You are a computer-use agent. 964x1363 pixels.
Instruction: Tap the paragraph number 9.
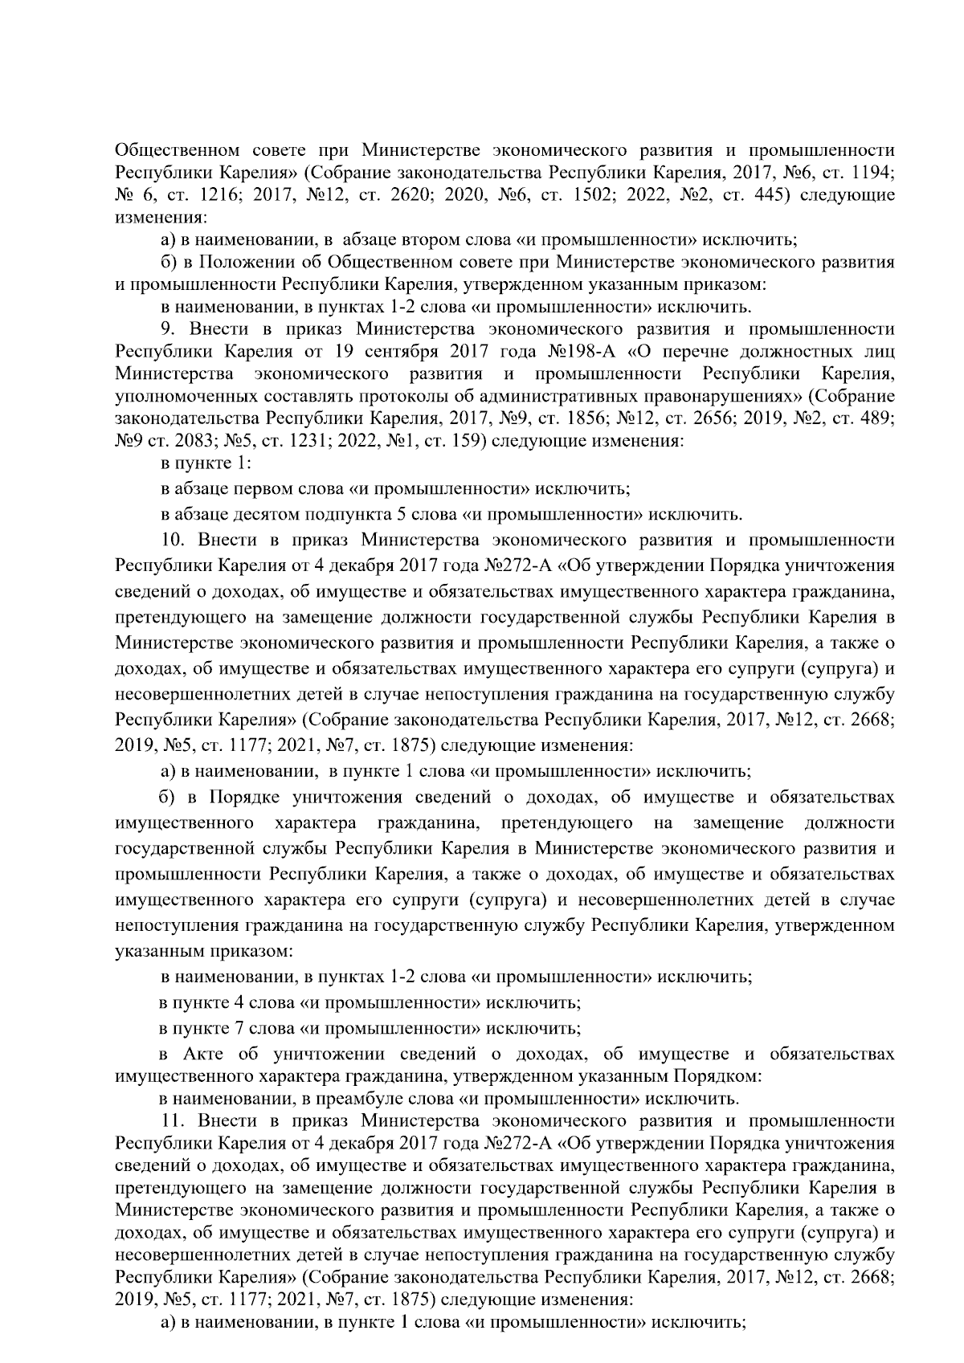(x=168, y=329)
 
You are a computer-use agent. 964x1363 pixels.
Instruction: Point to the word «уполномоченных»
(x=179, y=397)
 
